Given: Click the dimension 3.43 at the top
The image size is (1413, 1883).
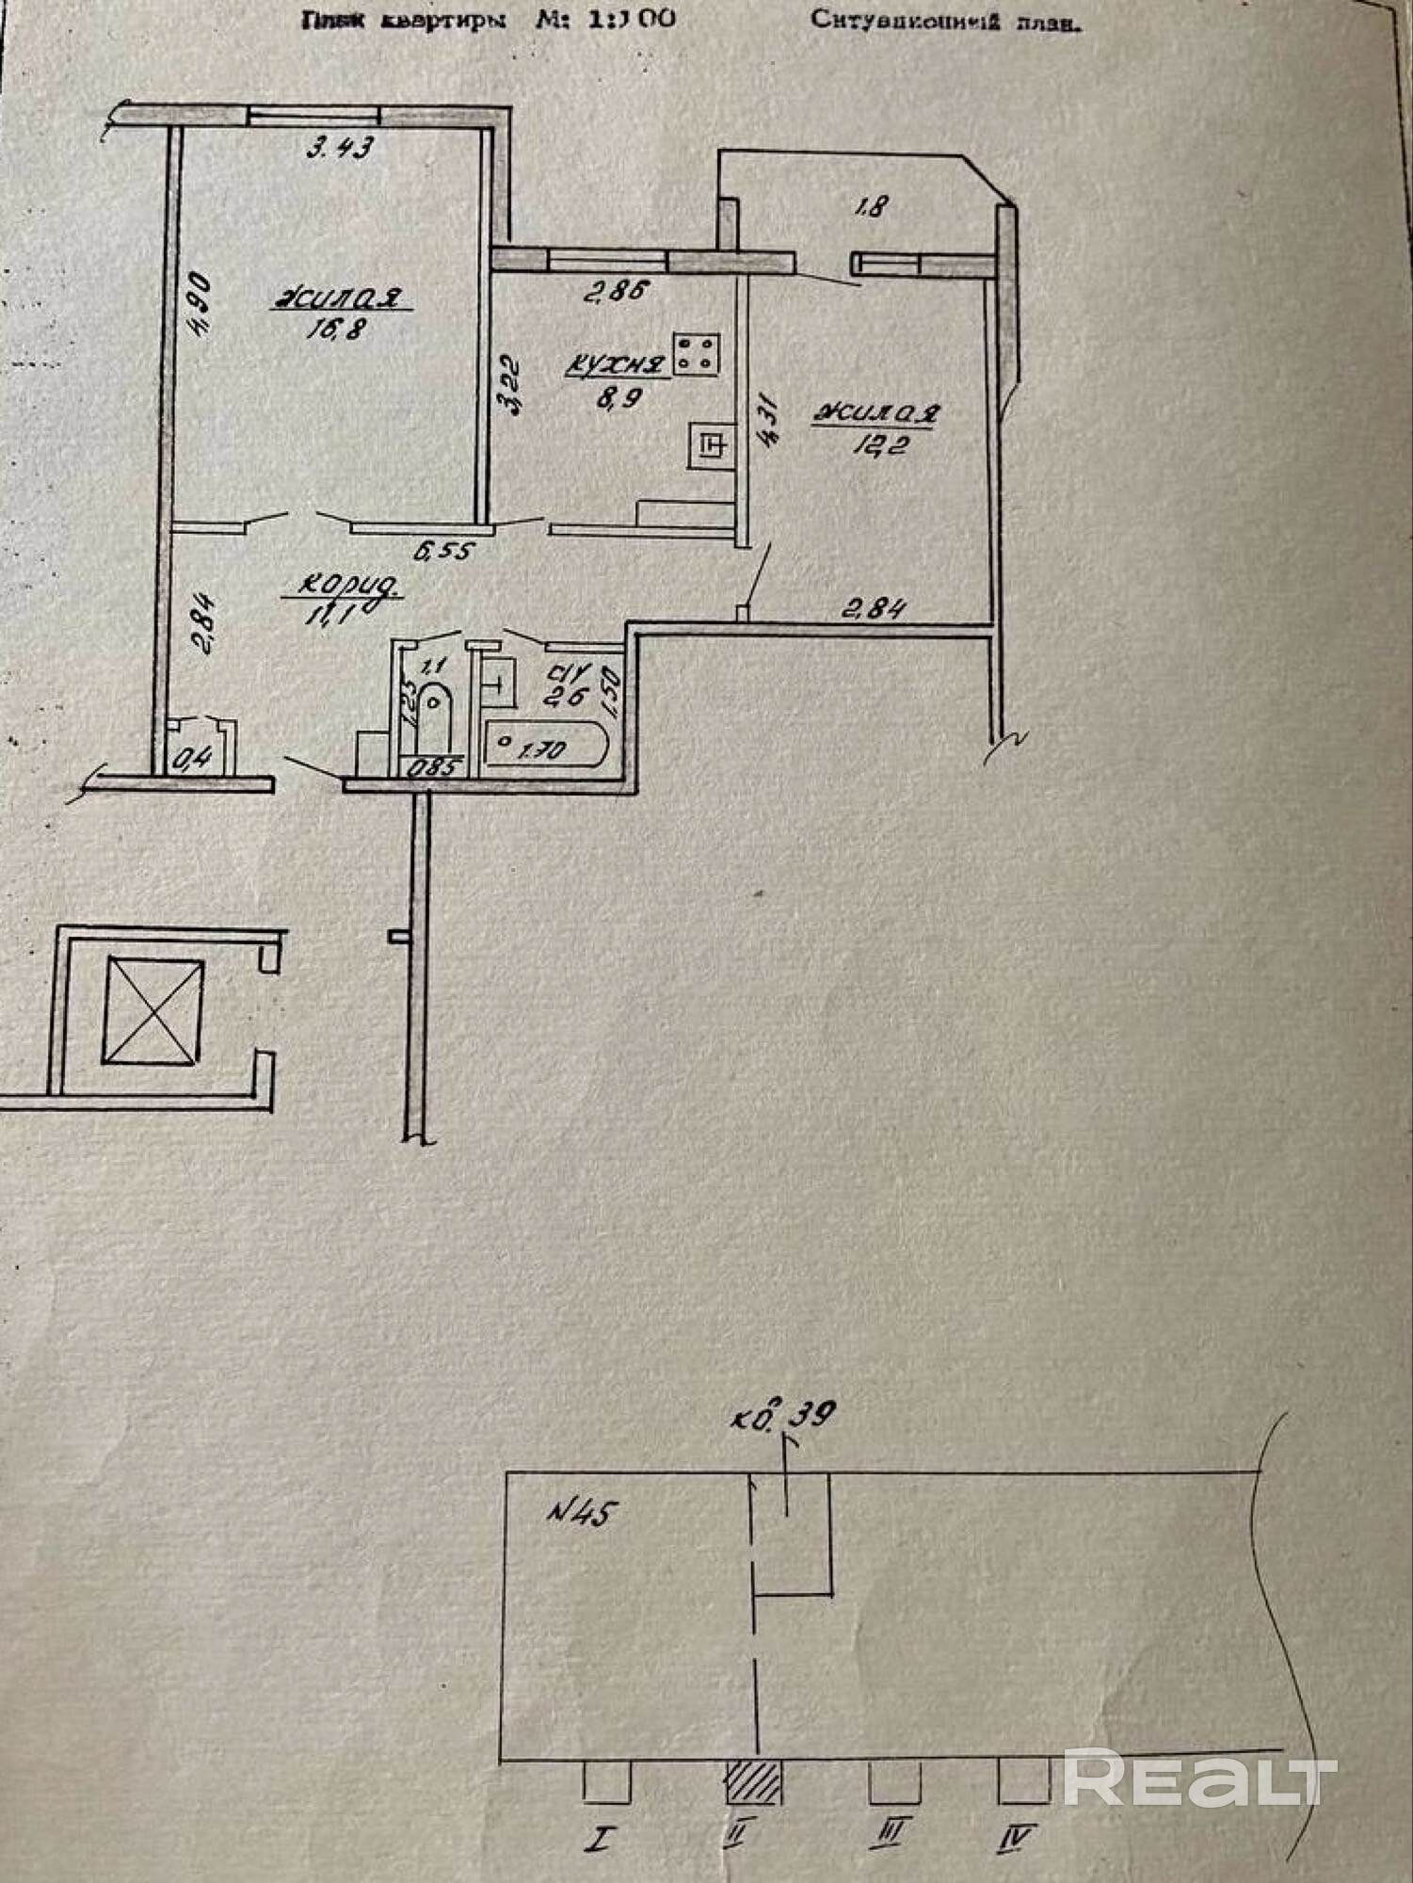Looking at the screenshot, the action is tap(341, 148).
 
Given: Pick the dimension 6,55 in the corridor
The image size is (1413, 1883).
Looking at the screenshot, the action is tap(442, 550).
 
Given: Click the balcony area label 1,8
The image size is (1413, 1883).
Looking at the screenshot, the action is tap(870, 206).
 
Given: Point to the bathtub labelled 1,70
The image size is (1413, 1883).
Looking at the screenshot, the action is tap(546, 748).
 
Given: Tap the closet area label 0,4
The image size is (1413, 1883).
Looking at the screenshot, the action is tap(196, 757).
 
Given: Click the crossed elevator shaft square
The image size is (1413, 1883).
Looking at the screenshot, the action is tap(153, 1009).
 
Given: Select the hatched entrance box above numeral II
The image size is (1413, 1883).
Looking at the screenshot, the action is tap(753, 1782).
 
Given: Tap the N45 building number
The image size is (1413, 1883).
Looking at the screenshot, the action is tap(582, 1514).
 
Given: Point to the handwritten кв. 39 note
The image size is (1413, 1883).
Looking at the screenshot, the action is tap(784, 1416).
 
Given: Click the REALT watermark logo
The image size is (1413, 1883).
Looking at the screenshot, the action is tap(1199, 1778).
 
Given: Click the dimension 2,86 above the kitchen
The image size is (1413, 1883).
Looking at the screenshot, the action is tap(616, 293).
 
